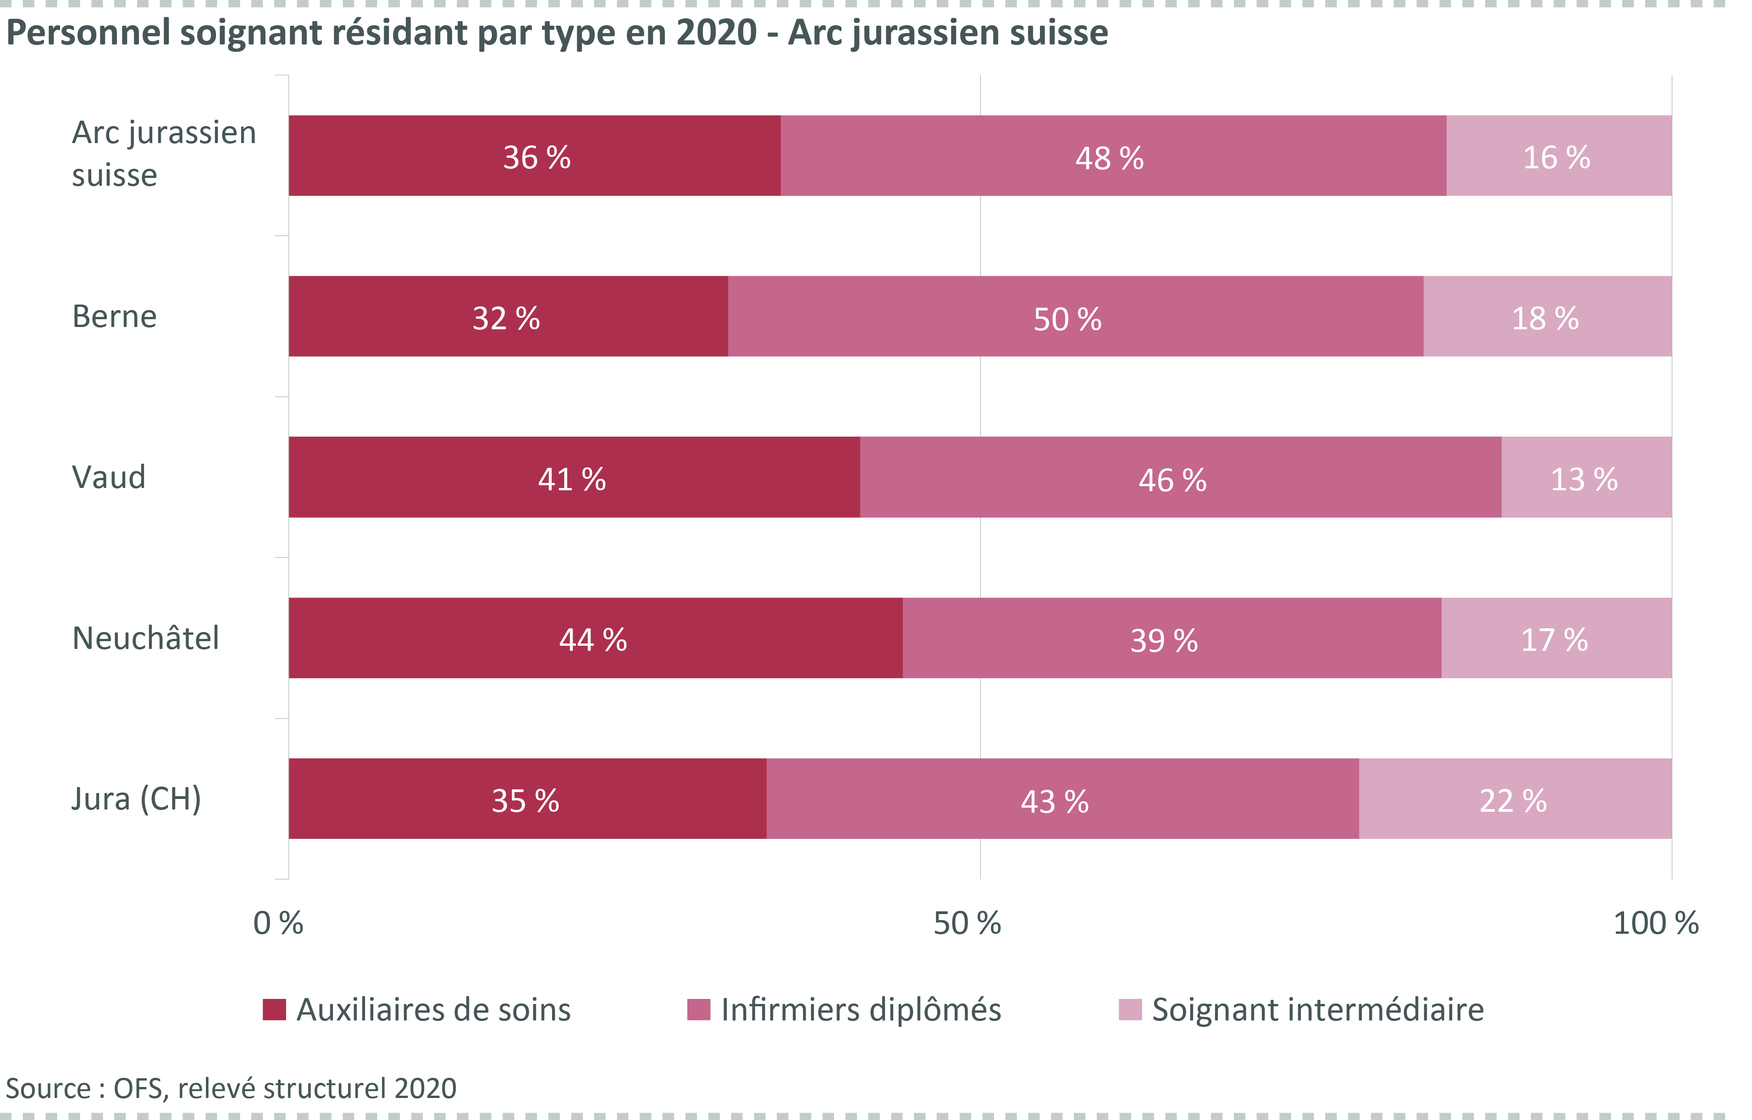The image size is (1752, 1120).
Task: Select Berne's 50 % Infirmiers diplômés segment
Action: point(1075,316)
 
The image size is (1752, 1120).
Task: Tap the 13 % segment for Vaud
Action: point(1586,478)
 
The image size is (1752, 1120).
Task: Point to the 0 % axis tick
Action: point(278,923)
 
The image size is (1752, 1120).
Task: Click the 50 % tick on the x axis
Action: point(967,923)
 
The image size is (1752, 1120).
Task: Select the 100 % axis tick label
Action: point(1655,923)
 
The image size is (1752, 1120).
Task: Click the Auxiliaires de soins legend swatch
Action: point(274,1009)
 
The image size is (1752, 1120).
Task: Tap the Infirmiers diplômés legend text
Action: point(861,1009)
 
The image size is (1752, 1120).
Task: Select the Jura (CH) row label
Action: point(137,799)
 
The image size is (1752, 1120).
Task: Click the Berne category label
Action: point(114,316)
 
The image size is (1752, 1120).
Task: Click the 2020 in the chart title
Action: point(717,33)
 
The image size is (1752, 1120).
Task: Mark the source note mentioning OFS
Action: point(232,1088)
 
